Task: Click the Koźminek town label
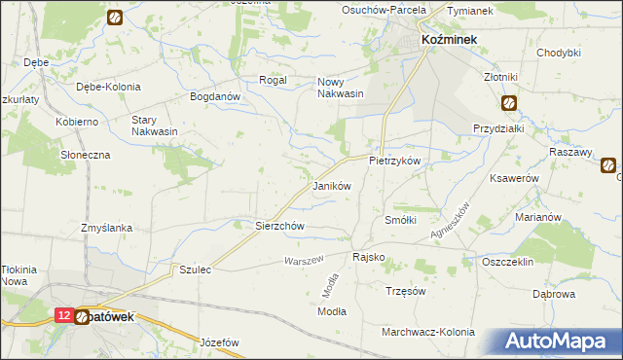click(448, 39)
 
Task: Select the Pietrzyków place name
click(394, 160)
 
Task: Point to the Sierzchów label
click(280, 225)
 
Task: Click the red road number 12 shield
click(63, 316)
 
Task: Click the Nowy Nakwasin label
click(340, 89)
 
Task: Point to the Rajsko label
click(368, 258)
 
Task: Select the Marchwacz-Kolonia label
click(428, 332)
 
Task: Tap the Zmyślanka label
click(107, 228)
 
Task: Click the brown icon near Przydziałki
click(509, 102)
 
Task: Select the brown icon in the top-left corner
click(114, 17)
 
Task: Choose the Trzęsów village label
click(406, 291)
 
